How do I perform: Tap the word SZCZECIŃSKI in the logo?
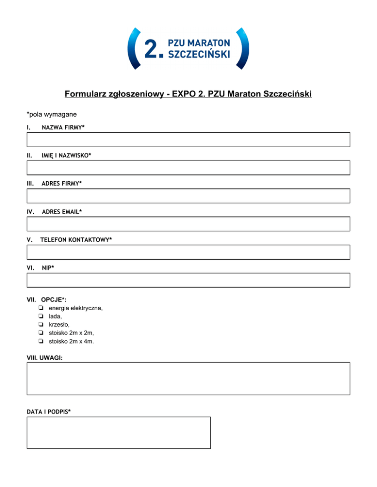199,54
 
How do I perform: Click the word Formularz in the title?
86,94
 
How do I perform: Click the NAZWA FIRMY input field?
188,140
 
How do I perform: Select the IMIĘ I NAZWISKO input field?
188,168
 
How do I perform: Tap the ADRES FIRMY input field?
188,196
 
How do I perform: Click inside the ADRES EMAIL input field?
188,224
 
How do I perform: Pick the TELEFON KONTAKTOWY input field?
188,252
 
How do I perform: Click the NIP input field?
188,280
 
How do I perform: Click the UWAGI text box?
188,378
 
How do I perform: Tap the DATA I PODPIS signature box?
118,433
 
